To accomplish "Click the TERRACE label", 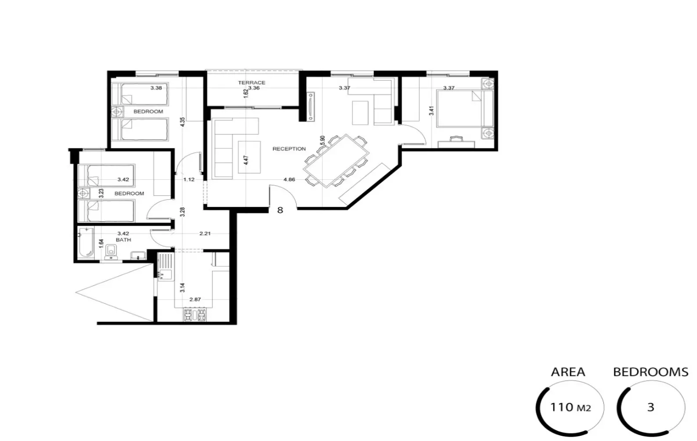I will [251, 83].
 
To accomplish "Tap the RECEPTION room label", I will [289, 149].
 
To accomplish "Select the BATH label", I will [123, 240].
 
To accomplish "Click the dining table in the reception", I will [337, 160].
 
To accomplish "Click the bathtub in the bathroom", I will [86, 243].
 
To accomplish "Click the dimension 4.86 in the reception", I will [289, 180].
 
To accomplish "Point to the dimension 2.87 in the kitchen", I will [195, 300].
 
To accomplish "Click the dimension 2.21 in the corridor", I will [205, 234].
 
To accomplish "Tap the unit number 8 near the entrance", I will [280, 210].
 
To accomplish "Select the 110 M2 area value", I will [570, 408].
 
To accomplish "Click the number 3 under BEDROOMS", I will [650, 408].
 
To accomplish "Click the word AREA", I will [568, 372].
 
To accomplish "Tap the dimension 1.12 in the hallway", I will [189, 180].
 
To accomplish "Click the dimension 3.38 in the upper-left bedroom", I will [156, 88].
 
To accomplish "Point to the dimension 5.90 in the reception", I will [323, 141].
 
